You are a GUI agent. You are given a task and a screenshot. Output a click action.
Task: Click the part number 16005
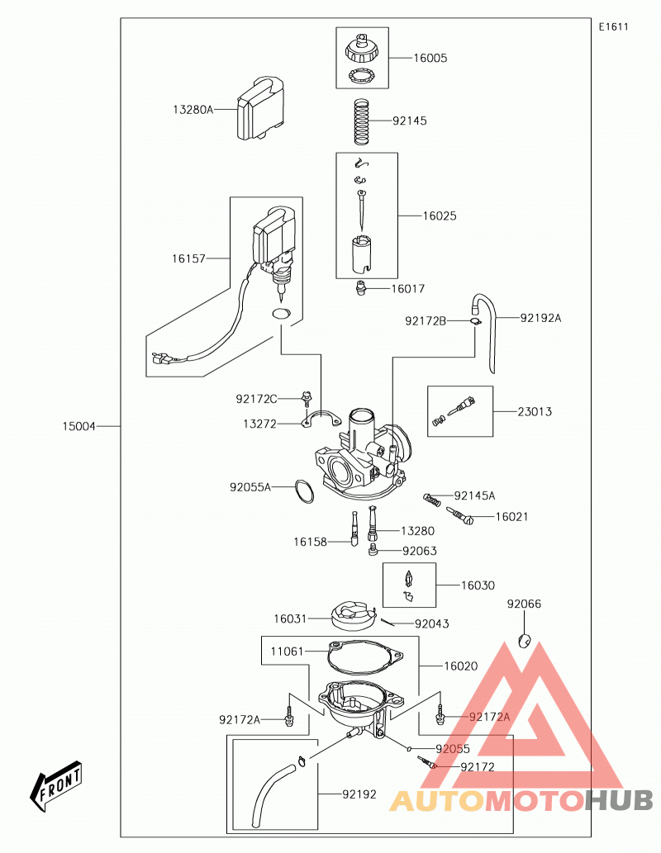(x=430, y=58)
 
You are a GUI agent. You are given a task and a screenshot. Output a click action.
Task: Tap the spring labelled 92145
(x=362, y=122)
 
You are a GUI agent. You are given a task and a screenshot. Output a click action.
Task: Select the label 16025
(x=440, y=216)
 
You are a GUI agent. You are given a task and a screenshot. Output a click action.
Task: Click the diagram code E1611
(x=614, y=26)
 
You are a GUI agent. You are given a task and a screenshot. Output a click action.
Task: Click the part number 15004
(x=79, y=426)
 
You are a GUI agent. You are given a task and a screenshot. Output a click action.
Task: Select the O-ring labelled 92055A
(x=304, y=491)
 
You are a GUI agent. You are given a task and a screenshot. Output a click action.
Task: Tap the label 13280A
(x=193, y=110)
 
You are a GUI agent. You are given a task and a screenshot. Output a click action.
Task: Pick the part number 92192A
(x=540, y=318)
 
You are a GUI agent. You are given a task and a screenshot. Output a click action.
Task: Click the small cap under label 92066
(x=525, y=641)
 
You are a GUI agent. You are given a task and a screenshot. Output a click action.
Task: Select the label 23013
(x=534, y=412)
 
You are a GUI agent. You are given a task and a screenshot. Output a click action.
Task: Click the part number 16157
(x=188, y=259)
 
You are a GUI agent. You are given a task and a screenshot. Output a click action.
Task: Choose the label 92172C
(x=256, y=400)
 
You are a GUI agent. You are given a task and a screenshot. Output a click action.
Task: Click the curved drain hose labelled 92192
(x=272, y=795)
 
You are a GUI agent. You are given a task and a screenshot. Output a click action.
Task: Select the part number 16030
(x=478, y=585)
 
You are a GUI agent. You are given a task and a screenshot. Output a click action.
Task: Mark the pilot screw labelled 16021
(x=460, y=516)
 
